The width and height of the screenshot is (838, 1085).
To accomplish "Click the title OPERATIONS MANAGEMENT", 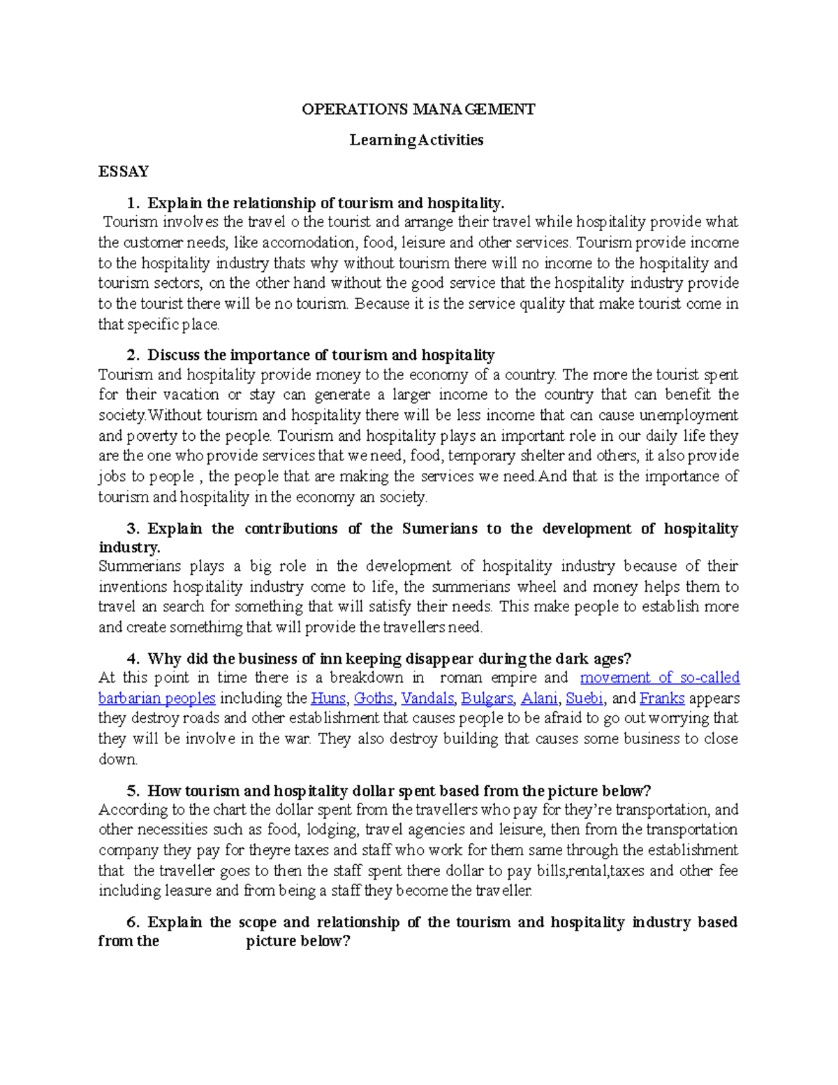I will pyautogui.click(x=418, y=109).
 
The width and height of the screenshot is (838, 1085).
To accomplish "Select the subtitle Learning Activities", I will pyautogui.click(x=416, y=140).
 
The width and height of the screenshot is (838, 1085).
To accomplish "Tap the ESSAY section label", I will pyautogui.click(x=124, y=171).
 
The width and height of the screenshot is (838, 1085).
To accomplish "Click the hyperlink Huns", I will pyautogui.click(x=328, y=698).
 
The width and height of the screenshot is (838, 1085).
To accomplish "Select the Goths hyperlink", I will pyautogui.click(x=374, y=698).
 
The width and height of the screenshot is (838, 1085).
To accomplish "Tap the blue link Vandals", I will pyautogui.click(x=427, y=698).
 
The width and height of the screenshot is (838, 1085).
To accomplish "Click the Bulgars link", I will pyautogui.click(x=486, y=698).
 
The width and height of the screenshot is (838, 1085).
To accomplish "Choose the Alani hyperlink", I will pyautogui.click(x=539, y=698).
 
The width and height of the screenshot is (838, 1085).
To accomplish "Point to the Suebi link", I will pyautogui.click(x=585, y=698).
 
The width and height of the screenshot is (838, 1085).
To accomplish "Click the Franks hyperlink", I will pyautogui.click(x=661, y=698).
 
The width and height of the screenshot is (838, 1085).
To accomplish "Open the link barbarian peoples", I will pyautogui.click(x=156, y=698).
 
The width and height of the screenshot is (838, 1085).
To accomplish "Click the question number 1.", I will pyautogui.click(x=133, y=203).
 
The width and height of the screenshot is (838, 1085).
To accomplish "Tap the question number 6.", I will pyautogui.click(x=133, y=922).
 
